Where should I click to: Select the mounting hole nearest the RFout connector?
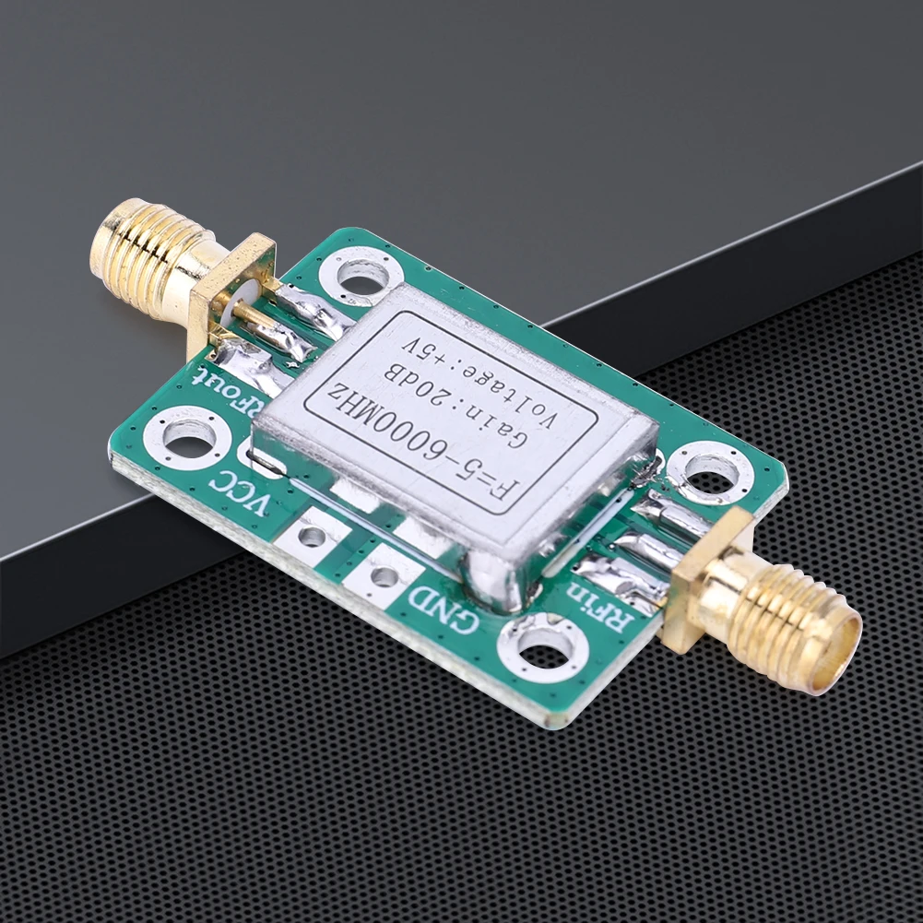363,274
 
